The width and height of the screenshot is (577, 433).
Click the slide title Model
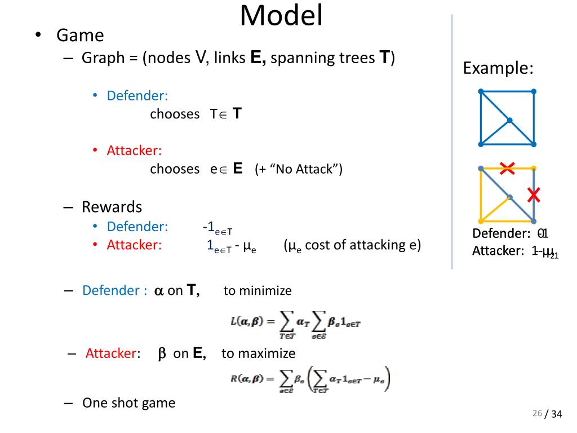pyautogui.click(x=281, y=16)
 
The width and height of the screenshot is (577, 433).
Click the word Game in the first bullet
pyautogui.click(x=80, y=36)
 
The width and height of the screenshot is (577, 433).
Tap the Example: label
pyautogui.click(x=498, y=69)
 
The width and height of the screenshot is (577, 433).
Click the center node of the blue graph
pyautogui.click(x=509, y=120)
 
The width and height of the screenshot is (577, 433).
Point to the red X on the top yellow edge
pyautogui.click(x=507, y=167)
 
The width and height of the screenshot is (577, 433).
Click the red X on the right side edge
pyautogui.click(x=534, y=195)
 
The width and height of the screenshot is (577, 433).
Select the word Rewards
pyautogui.click(x=112, y=207)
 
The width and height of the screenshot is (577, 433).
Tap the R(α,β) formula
pyautogui.click(x=310, y=379)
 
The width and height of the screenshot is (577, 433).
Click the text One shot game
pyautogui.click(x=128, y=403)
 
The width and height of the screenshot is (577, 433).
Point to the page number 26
pyautogui.click(x=536, y=414)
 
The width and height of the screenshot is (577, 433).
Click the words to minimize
pyautogui.click(x=258, y=291)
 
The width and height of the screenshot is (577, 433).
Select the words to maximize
pyautogui.click(x=258, y=354)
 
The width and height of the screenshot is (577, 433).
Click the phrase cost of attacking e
pyautogui.click(x=362, y=245)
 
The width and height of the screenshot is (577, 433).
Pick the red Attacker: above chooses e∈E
pyautogui.click(x=134, y=151)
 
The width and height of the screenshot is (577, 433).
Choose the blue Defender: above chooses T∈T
pyautogui.click(x=137, y=96)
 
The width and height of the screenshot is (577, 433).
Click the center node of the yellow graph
pyautogui.click(x=509, y=197)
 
